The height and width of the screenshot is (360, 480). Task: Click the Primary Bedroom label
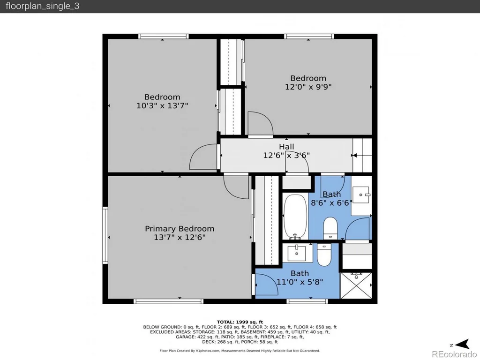[x=180, y=229]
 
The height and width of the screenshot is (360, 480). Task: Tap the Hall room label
[x=286, y=147]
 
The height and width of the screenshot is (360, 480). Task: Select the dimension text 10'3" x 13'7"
[x=162, y=105]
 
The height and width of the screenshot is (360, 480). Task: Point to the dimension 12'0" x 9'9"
[x=308, y=87]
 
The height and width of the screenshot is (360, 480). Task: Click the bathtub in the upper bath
[x=295, y=217]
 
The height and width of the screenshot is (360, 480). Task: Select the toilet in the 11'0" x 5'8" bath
[x=324, y=255]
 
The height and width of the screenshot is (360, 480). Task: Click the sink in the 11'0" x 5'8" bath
[x=297, y=253]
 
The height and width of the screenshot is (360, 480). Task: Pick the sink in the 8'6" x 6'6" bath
[x=361, y=195]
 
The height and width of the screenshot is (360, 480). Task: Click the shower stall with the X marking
[x=356, y=285]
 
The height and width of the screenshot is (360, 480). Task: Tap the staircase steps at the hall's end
[x=362, y=155]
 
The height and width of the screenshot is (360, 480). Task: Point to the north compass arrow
[x=463, y=344]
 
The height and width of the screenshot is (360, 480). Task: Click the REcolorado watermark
[x=454, y=354]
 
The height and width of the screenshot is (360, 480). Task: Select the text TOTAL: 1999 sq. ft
[x=240, y=322]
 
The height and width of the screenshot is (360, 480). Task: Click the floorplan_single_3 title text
[x=42, y=7]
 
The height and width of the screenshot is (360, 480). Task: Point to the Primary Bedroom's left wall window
[x=105, y=235]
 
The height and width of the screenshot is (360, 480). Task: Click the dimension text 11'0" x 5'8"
[x=300, y=282]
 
